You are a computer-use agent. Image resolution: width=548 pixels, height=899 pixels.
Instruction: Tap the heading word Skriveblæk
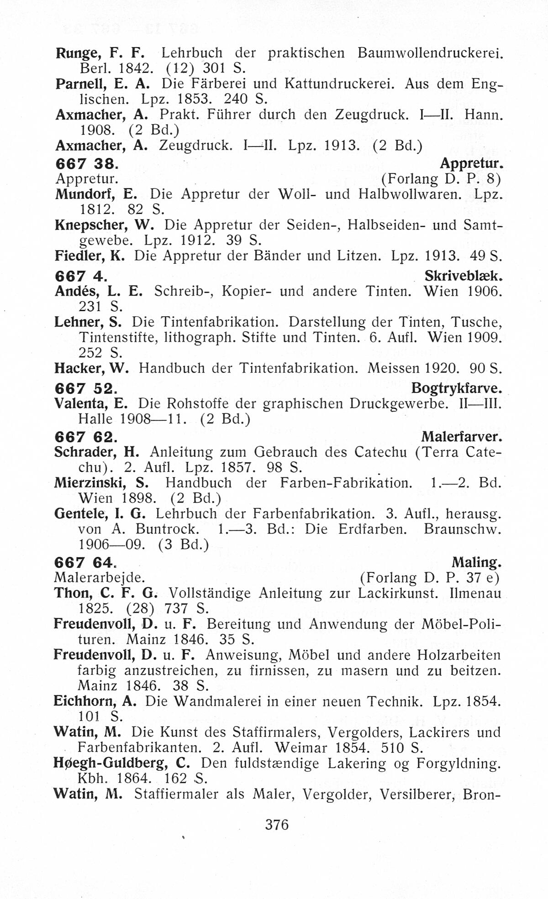point(464,276)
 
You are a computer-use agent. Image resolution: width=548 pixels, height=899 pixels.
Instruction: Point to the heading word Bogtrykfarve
point(457,388)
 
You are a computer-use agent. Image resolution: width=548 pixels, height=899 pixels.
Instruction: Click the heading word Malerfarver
point(462,437)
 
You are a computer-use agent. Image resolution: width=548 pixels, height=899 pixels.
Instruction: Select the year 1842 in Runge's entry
point(135,69)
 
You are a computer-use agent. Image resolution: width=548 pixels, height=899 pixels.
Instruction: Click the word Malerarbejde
point(99,578)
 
